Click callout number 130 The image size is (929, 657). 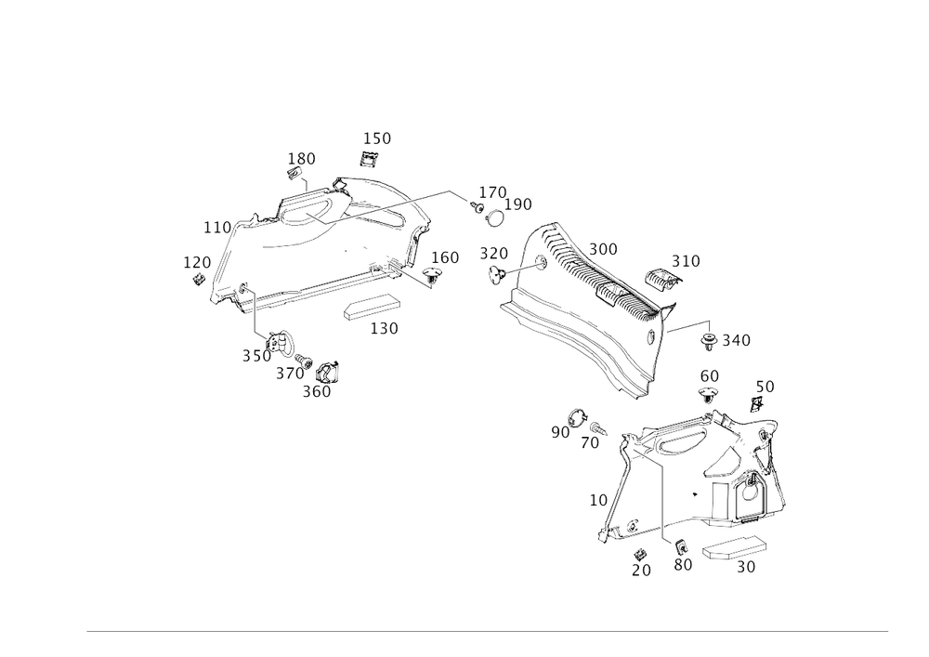(301, 157)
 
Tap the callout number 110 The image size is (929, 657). (217, 226)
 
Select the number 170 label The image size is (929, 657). (196, 263)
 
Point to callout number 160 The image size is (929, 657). (445, 256)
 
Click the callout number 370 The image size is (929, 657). (492, 253)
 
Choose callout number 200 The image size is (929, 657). (604, 249)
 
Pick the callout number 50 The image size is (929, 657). (765, 385)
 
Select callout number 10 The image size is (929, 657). (597, 500)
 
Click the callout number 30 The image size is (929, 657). (747, 566)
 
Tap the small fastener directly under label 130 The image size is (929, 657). (296, 174)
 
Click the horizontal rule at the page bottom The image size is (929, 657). (488, 631)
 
